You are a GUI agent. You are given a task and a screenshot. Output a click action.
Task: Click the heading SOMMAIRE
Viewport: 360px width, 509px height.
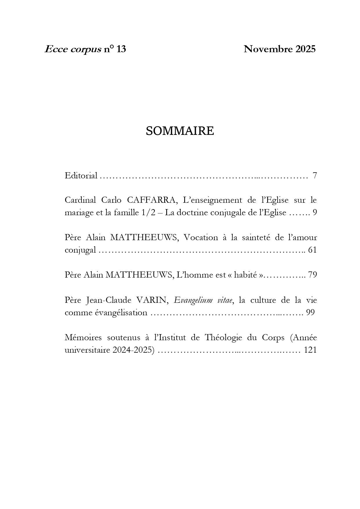[180, 131]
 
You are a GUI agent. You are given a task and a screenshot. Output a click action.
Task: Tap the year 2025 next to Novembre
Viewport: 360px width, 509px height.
[305, 49]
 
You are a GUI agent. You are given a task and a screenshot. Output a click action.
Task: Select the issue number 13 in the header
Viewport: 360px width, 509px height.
[121, 49]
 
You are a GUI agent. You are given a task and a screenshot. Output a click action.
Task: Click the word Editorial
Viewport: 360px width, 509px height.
[81, 175]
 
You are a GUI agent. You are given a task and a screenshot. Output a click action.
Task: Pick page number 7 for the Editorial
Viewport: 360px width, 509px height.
[315, 175]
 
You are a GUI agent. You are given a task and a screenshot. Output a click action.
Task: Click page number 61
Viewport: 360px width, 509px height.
[312, 250]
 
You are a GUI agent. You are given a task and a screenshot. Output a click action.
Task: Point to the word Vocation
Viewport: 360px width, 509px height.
[201, 238]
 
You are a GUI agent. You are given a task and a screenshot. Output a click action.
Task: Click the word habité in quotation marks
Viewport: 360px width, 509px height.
[245, 275]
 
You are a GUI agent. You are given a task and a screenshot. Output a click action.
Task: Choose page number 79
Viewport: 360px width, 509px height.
[312, 275]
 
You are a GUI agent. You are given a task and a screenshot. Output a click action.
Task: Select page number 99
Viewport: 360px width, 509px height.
[310, 313]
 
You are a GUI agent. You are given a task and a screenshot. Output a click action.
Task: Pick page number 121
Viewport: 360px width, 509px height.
[310, 350]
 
